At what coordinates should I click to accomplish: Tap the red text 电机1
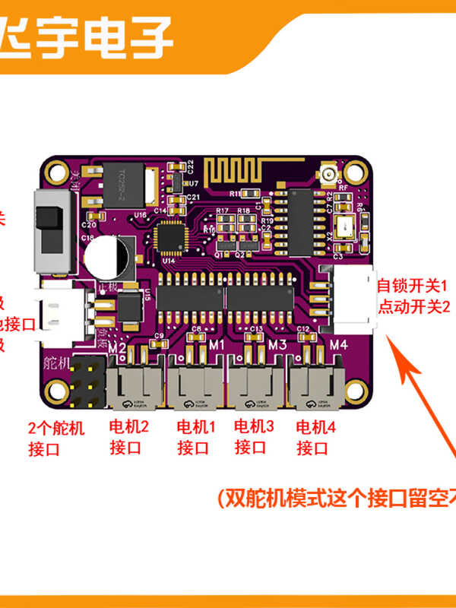coord(196,426)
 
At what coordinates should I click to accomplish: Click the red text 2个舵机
coord(54,427)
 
